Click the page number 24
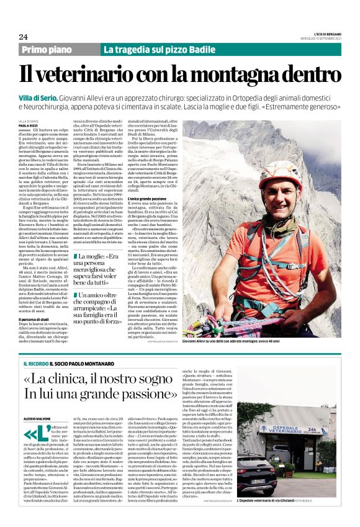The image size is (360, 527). point(23,37)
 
